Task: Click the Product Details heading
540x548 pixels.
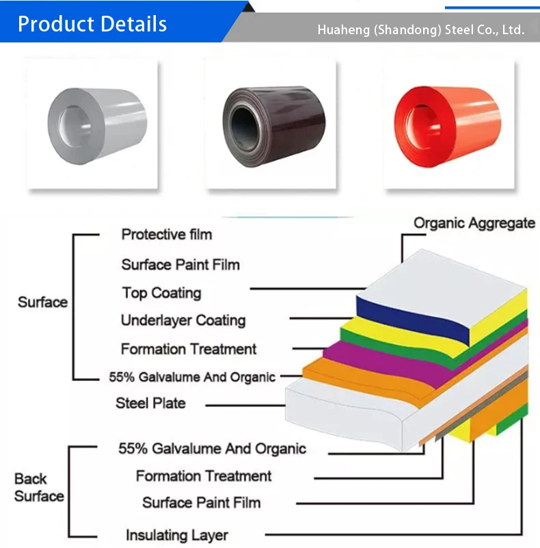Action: (92, 24)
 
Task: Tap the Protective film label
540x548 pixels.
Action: (167, 235)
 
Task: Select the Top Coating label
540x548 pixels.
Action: (161, 293)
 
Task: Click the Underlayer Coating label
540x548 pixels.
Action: (183, 320)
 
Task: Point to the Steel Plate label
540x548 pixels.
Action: (150, 403)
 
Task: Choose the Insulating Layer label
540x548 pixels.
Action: (176, 535)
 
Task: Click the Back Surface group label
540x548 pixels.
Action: (39, 487)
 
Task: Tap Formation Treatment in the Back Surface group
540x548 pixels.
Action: (204, 475)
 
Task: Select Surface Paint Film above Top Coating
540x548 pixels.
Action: (180, 264)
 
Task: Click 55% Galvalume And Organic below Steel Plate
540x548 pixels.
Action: (212, 449)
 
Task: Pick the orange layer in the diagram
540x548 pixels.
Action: (355, 376)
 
